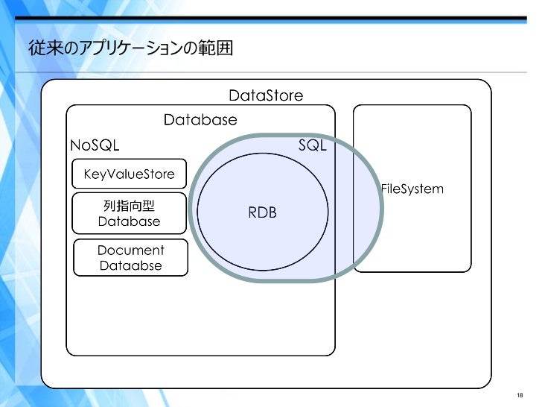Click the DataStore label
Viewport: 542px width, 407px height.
point(266,96)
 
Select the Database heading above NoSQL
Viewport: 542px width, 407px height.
point(200,119)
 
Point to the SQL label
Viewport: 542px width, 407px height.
point(313,146)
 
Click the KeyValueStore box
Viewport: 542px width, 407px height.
point(130,174)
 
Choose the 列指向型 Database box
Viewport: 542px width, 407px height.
point(130,213)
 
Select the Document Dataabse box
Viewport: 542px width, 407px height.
point(130,258)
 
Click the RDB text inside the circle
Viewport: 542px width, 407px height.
point(262,213)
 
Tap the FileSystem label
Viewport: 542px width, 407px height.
point(412,189)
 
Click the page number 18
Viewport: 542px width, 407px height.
point(520,395)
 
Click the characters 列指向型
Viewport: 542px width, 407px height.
point(129,206)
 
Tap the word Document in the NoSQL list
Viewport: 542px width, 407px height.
point(130,250)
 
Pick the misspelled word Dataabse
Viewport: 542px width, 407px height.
point(130,265)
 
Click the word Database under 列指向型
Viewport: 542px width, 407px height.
point(129,221)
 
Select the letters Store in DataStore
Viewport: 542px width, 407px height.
point(285,96)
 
